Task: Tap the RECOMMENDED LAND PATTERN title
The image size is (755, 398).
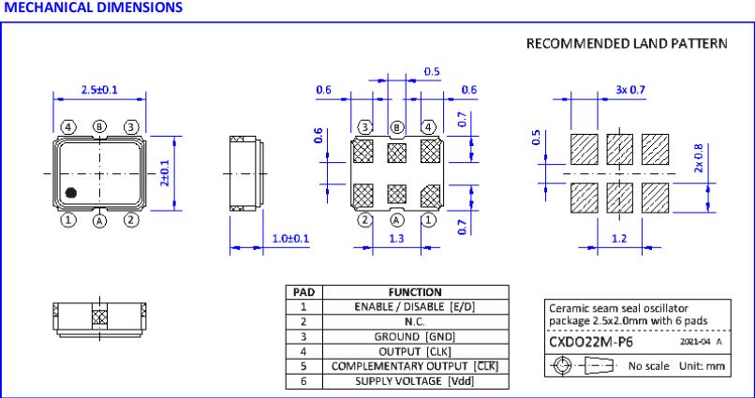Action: coord(626,44)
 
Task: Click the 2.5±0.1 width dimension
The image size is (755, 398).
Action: coord(98,90)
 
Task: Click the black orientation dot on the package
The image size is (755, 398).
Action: coord(71,194)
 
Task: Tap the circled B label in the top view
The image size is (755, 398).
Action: coord(100,126)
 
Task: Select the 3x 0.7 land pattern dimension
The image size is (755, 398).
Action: coord(630,89)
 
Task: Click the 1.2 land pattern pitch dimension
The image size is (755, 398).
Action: coord(619,239)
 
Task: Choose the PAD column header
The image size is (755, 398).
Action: coord(304,292)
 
